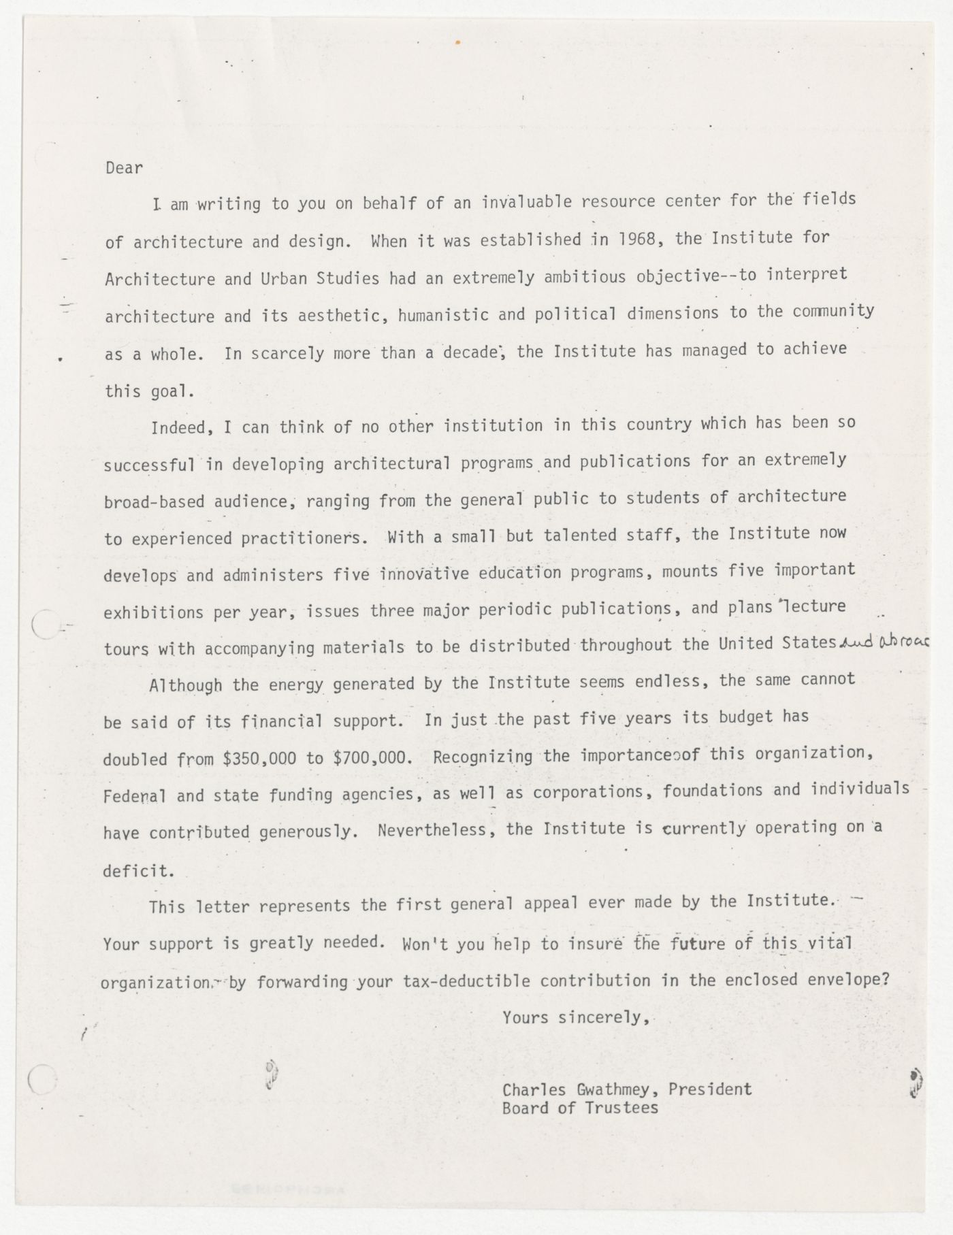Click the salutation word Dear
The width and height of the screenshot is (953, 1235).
pos(124,168)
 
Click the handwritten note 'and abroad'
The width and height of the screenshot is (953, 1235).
pos(884,642)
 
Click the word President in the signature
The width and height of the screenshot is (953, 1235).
pos(710,1089)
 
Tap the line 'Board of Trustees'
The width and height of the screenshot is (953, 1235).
pos(580,1108)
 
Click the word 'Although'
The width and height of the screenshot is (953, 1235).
pos(185,685)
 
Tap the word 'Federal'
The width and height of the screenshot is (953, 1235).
pos(134,796)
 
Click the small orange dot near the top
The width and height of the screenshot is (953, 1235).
pos(457,42)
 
